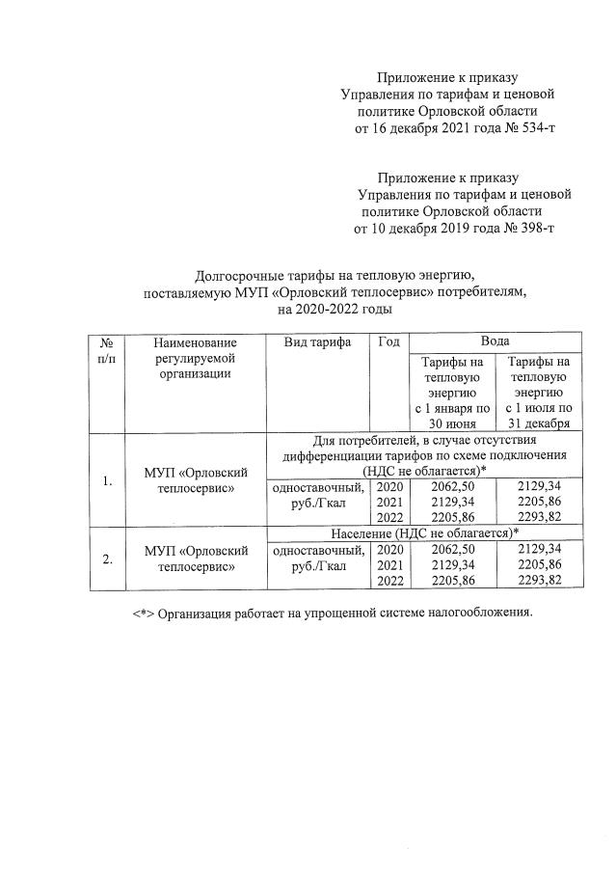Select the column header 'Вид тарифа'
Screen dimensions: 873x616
tap(317, 342)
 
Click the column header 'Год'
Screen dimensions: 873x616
tap(389, 342)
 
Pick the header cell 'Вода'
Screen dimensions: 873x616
tap(495, 342)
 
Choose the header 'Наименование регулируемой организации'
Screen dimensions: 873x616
tap(197, 358)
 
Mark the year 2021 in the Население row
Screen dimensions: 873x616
tap(390, 564)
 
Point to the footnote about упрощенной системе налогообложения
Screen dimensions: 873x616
tap(332, 613)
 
